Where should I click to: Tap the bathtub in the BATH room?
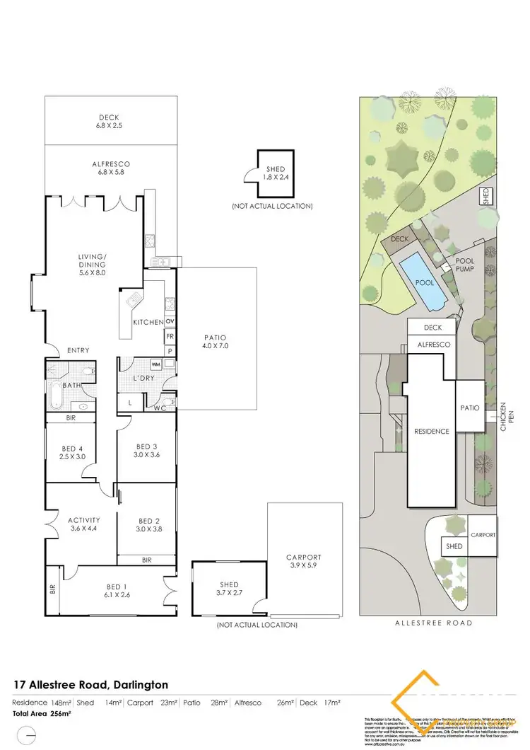click(x=57, y=393)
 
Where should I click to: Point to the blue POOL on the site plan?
click(x=424, y=282)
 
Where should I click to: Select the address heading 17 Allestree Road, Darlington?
click(x=91, y=685)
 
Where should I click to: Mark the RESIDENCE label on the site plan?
click(x=432, y=431)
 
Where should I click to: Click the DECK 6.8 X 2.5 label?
click(x=110, y=122)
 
